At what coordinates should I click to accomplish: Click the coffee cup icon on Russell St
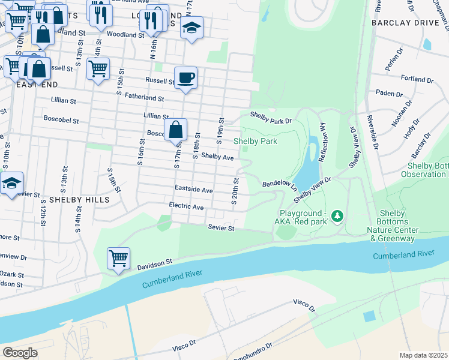[x=185, y=77]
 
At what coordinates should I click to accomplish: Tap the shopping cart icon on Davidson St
[x=118, y=259]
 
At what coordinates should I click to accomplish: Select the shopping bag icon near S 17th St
[x=175, y=130]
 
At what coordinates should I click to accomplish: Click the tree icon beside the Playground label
[x=337, y=215]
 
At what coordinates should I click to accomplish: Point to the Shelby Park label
[x=255, y=141]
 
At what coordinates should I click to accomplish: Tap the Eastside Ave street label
[x=193, y=190]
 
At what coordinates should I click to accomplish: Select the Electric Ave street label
[x=186, y=207]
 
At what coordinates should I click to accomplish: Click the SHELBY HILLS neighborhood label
[x=79, y=199]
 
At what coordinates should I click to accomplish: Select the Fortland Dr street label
[x=417, y=79]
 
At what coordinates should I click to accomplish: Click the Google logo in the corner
[x=20, y=352]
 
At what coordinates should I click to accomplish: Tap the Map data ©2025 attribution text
[x=423, y=355]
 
